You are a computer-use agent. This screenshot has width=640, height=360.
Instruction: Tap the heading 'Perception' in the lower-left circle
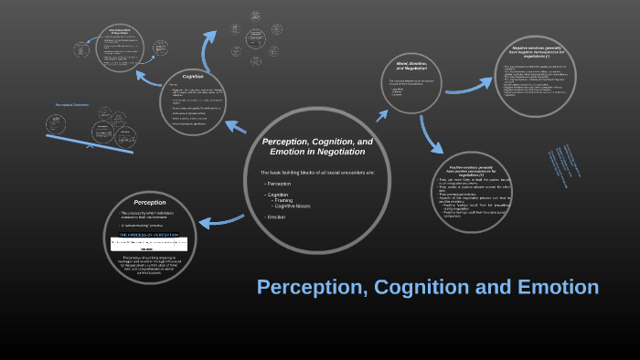pyautogui.click(x=150, y=201)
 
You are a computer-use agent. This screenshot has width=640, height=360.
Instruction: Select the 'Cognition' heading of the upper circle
pyautogui.click(x=193, y=76)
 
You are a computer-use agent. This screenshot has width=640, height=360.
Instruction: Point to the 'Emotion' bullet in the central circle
pyautogui.click(x=276, y=217)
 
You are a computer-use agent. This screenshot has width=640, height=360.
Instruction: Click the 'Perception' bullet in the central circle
pyautogui.click(x=279, y=184)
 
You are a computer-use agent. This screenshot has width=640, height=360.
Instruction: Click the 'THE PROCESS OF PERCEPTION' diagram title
pyautogui.click(x=149, y=235)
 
